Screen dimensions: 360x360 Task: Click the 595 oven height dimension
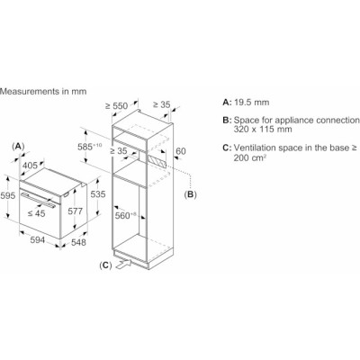[7, 196]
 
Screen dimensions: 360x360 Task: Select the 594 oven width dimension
[37, 240]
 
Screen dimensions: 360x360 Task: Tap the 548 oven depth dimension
[78, 242]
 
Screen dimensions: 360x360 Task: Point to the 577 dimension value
[75, 211]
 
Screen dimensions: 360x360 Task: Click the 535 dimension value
[98, 194]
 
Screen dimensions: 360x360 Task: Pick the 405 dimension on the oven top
[31, 166]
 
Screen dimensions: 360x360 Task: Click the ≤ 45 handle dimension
[36, 213]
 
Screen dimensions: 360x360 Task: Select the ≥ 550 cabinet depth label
[116, 106]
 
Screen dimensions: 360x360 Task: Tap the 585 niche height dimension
[90, 147]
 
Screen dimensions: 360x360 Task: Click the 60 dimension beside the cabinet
[181, 151]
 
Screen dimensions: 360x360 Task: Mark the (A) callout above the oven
[18, 147]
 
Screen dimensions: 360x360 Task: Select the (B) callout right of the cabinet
[190, 194]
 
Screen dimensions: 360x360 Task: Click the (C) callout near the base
[105, 265]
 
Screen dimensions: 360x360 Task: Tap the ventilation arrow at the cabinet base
[123, 265]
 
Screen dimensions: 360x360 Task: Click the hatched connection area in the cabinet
[157, 161]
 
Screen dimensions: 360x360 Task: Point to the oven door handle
[38, 200]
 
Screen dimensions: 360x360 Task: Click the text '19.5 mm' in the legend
[252, 103]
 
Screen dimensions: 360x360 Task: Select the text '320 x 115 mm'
[263, 130]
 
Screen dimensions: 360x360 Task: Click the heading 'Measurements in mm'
[43, 91]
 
